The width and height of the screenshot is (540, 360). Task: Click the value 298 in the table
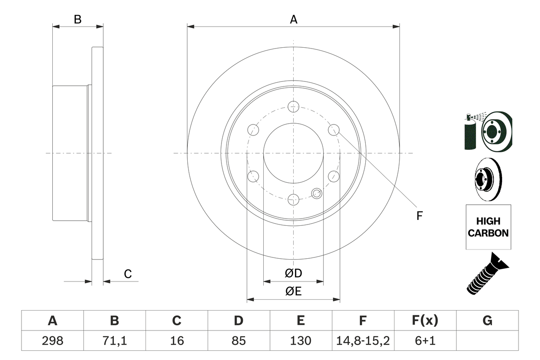[52, 341]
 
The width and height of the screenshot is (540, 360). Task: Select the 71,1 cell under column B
[114, 341]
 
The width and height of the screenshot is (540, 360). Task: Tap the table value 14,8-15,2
[363, 341]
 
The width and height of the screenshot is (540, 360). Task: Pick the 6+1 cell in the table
[425, 341]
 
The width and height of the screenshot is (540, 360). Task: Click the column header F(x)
[425, 321]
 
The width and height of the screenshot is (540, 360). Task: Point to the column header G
[487, 321]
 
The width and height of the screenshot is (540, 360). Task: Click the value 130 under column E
[301, 341]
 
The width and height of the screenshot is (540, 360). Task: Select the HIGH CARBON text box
[488, 227]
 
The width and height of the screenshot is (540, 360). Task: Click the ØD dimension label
[294, 273]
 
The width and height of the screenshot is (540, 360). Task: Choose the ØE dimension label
[294, 291]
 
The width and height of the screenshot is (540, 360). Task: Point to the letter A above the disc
[294, 19]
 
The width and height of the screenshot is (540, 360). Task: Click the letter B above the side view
[78, 19]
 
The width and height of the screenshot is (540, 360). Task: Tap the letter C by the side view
[128, 274]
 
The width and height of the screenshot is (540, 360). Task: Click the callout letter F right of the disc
[419, 216]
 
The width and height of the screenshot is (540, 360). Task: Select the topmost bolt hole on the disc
[293, 106]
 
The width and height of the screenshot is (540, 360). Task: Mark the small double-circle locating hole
[316, 193]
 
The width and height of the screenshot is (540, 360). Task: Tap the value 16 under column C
[176, 341]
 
